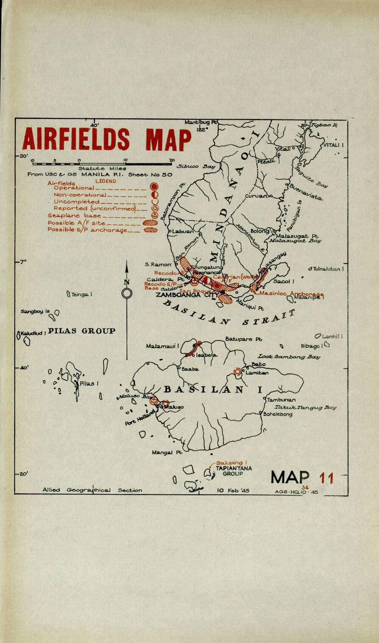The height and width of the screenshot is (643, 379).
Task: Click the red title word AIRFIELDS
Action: coord(76,139)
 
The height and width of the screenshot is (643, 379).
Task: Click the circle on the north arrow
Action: coord(127,293)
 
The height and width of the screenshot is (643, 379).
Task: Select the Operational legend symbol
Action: coord(153,187)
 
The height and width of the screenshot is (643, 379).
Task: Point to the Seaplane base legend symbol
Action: coord(154,215)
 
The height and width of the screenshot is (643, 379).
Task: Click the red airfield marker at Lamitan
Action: coord(238,372)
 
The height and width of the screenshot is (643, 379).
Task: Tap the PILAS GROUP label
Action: coord(82,331)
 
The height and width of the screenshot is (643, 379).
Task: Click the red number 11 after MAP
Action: coord(326,478)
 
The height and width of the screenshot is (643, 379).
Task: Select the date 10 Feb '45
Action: coord(233,490)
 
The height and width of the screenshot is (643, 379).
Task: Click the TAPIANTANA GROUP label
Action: coord(233,471)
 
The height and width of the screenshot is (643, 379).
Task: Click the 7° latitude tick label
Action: coord(23,262)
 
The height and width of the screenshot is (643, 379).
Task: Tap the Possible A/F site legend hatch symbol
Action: coord(150,223)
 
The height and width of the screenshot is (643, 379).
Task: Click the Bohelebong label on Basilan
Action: coord(278,414)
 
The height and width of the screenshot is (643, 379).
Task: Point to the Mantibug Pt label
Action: coord(201,122)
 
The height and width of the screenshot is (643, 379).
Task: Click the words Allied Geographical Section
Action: coord(92,490)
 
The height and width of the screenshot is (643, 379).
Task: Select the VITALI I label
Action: coord(333,145)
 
